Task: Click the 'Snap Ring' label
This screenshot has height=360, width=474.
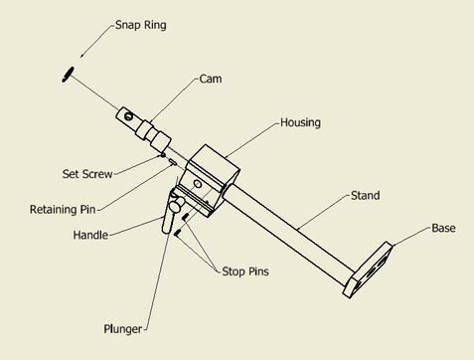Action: pos(141,25)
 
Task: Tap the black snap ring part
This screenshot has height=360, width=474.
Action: pos(68,75)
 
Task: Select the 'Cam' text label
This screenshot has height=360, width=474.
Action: pos(211,79)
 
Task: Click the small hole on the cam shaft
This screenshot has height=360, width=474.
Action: pos(128,116)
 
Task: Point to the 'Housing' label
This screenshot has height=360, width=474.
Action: pos(300,122)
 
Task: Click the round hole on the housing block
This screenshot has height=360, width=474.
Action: pos(198,184)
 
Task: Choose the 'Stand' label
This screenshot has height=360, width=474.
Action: pos(366,196)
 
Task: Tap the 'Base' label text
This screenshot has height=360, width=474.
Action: pos(443,228)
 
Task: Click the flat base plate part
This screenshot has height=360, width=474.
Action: pos(368,270)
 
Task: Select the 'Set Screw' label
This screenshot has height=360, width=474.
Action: pos(87,174)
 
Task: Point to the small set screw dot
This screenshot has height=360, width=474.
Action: pos(163,155)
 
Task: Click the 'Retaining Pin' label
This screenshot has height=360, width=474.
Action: pos(63,210)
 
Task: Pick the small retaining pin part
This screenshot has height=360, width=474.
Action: pos(172,161)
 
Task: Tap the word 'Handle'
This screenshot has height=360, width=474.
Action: pos(90,235)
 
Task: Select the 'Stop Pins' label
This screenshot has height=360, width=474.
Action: pos(245,271)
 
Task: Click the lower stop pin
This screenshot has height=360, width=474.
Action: pos(178,233)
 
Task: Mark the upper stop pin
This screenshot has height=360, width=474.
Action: pos(186,217)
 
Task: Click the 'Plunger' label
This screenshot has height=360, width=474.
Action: pos(123,329)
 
